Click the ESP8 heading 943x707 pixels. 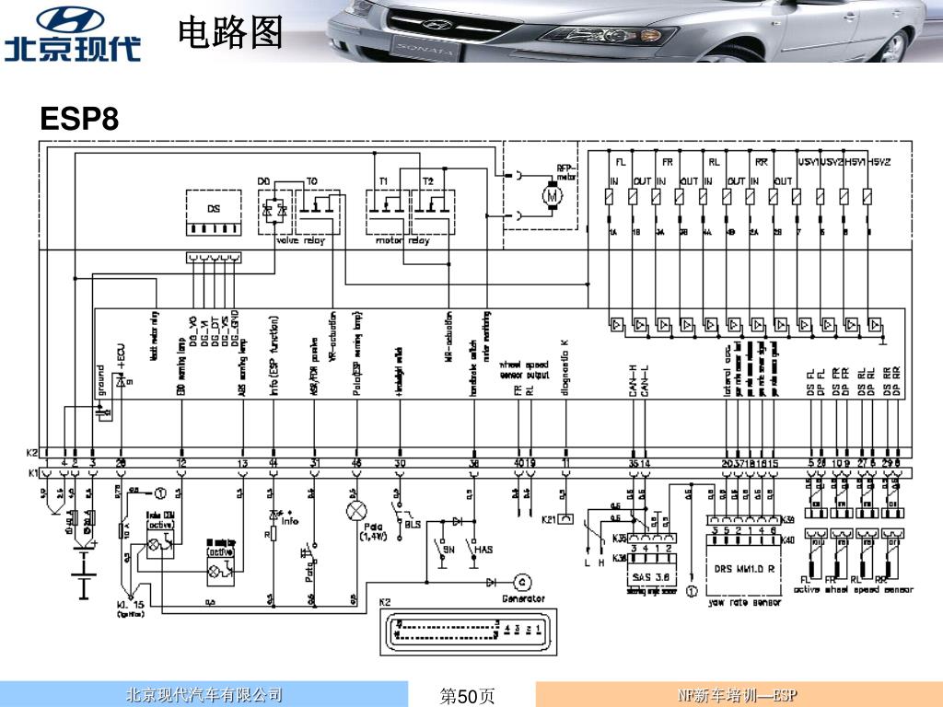click(x=79, y=120)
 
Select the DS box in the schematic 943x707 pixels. click(x=214, y=213)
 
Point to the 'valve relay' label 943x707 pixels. click(x=301, y=241)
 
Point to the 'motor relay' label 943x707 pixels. click(x=402, y=241)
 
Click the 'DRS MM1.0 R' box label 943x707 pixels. click(x=743, y=568)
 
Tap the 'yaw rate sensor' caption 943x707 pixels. click(x=744, y=603)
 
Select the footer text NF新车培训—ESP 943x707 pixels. click(x=737, y=695)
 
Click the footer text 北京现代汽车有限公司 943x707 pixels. click(x=204, y=695)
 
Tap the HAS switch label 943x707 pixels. click(x=483, y=550)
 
